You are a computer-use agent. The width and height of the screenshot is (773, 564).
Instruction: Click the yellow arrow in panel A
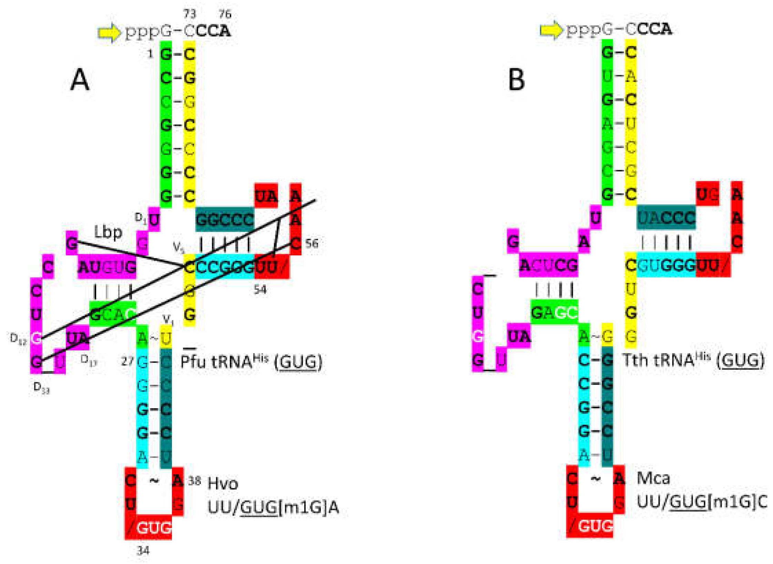click(109, 32)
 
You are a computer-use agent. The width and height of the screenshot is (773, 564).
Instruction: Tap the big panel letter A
click(80, 80)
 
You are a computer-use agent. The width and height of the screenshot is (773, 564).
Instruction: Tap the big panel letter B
click(516, 80)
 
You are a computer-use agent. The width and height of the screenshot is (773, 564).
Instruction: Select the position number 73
click(190, 14)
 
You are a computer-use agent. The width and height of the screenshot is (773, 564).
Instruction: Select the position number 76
click(225, 14)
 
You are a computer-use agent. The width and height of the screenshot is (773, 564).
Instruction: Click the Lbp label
click(108, 233)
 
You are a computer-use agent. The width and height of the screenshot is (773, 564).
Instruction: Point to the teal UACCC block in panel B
click(665, 218)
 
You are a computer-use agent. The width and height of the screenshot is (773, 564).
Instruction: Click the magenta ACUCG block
click(548, 265)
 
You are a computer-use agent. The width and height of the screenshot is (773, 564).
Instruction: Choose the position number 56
click(312, 244)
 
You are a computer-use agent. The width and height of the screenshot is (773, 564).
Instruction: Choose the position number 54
click(260, 290)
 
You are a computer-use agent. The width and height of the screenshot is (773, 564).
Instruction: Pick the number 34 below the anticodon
click(143, 551)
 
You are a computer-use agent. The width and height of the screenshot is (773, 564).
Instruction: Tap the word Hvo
click(223, 484)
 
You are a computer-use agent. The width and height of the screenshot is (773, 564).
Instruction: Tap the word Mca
click(653, 478)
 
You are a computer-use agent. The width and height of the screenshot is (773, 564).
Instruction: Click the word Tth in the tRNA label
click(635, 360)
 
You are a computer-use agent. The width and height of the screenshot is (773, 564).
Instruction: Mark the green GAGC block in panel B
click(554, 312)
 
